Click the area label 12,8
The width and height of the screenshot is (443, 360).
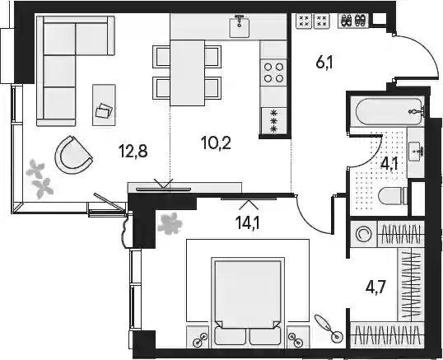pos(133,151)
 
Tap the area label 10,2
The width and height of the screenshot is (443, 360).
pos(216,143)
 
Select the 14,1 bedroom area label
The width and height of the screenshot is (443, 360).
pos(249,222)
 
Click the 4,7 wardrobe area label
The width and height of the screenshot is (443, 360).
pos(375,288)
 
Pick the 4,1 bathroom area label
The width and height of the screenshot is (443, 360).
pos(389,163)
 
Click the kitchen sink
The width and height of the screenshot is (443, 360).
pos(240,26)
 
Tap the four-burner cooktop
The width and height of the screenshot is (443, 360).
pos(273,72)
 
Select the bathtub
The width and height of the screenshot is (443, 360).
pos(389,111)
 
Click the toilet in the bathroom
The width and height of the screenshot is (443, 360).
pos(393,195)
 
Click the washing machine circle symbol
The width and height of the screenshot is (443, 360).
pos(363,234)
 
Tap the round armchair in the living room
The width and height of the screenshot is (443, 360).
pos(73,155)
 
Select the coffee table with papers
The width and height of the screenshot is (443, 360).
pos(104,105)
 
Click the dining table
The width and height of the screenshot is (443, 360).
pos(187,72)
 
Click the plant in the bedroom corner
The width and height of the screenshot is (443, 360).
pos(170,223)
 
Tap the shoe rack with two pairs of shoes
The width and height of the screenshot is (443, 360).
pos(353,21)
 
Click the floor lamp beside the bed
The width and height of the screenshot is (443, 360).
pos(329,328)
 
